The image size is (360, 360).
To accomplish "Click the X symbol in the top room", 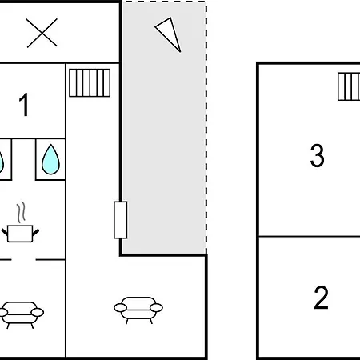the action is (x=42, y=33).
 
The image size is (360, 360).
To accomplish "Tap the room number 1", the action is (x=24, y=105).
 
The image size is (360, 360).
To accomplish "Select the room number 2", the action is (x=321, y=298).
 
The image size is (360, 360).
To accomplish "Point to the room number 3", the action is (x=318, y=156).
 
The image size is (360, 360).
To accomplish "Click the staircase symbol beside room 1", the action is (x=90, y=82).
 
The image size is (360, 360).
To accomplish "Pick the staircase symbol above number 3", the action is (x=349, y=86).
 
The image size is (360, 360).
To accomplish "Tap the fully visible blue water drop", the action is (x=50, y=160).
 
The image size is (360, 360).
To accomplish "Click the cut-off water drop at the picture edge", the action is (x=2, y=162).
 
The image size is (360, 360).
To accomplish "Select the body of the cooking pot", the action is (x=20, y=234).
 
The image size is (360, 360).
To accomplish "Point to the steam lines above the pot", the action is (x=22, y=212).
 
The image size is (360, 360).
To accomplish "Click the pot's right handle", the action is (x=36, y=232).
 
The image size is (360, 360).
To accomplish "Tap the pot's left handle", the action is (x=5, y=232).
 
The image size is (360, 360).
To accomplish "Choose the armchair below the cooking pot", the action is (x=21, y=314).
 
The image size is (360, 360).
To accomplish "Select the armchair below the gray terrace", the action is (x=138, y=310).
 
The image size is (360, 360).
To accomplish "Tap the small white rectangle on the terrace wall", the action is (x=121, y=220).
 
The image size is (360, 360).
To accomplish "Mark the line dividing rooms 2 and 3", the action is (x=310, y=236).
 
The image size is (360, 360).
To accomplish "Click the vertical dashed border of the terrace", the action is (x=206, y=127).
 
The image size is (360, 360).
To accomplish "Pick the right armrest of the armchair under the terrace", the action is (x=156, y=308).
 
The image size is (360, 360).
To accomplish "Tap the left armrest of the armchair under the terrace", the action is (x=121, y=308).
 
